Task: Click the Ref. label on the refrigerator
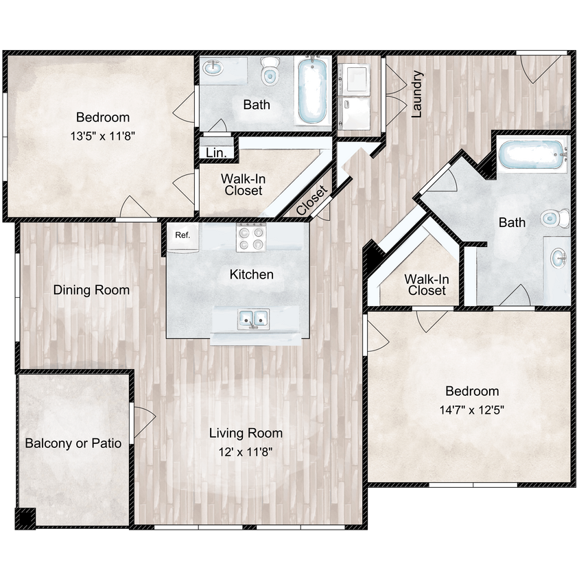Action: pyautogui.click(x=182, y=235)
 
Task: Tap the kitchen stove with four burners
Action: pyautogui.click(x=250, y=237)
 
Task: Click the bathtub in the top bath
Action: pyautogui.click(x=313, y=91)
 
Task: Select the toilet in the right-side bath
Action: pyautogui.click(x=554, y=219)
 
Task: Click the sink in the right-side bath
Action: pyautogui.click(x=558, y=260)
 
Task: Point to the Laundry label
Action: pyautogui.click(x=416, y=95)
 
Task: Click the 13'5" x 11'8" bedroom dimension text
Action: pyautogui.click(x=102, y=135)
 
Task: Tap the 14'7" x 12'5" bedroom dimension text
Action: pyautogui.click(x=472, y=410)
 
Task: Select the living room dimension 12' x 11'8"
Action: pyautogui.click(x=246, y=452)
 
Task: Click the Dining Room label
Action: pyautogui.click(x=91, y=290)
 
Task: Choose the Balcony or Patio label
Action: pyautogui.click(x=73, y=443)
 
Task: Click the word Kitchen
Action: pyautogui.click(x=251, y=274)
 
